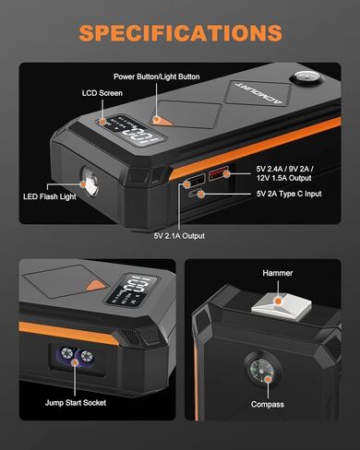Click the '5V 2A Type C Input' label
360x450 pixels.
pos(304,195)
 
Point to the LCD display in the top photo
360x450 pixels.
pos(112,135)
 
